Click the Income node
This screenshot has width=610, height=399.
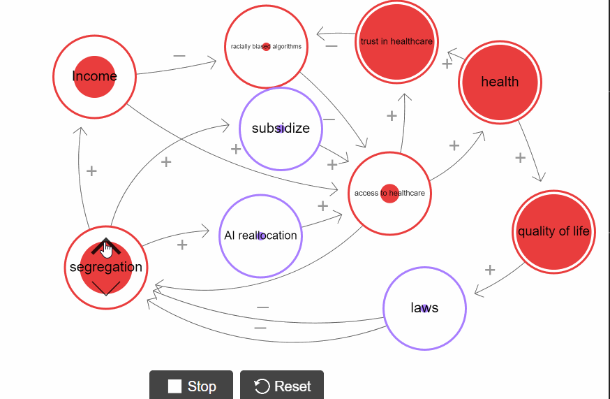coord(94,76)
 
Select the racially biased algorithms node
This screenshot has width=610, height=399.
coord(266,47)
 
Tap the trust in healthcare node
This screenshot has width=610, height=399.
coord(396,42)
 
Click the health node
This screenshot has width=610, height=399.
coord(500,82)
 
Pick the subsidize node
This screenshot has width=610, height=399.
coord(280,129)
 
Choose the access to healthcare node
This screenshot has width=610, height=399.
coord(389,194)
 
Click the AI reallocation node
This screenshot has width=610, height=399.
coord(260,236)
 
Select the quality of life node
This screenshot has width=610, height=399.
coord(553,231)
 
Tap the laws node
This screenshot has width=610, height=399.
coord(424,308)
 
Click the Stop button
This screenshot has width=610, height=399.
coord(192,386)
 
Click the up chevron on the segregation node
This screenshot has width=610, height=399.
coord(105,245)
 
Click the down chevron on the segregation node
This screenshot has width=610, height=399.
coord(105,289)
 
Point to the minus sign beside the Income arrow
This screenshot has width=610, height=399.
coord(179,56)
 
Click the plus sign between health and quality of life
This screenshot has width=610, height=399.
coord(520,158)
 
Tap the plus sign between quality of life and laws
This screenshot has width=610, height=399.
coord(490,270)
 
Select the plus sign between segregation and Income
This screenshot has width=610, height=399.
coord(91,171)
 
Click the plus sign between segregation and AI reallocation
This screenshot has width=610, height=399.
coord(182,245)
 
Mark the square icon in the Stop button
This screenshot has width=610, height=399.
coord(174,386)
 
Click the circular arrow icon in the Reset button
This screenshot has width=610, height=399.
coord(262,386)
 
